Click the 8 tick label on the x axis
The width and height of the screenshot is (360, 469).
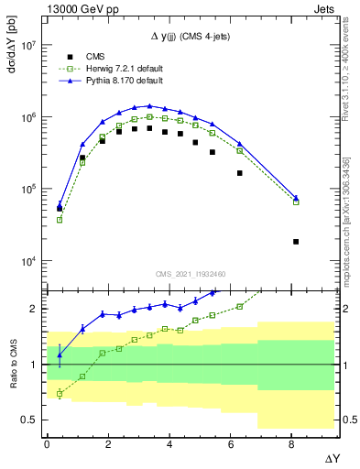pyautogui.click(x=292, y=442)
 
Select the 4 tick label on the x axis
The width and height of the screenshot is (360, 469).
pyautogui.click(x=169, y=442)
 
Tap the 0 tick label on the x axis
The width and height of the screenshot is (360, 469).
pyautogui.click(x=47, y=442)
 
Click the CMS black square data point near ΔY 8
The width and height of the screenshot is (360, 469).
pyautogui.click(x=296, y=242)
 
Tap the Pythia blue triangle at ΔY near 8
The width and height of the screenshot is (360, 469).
pyautogui.click(x=296, y=197)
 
